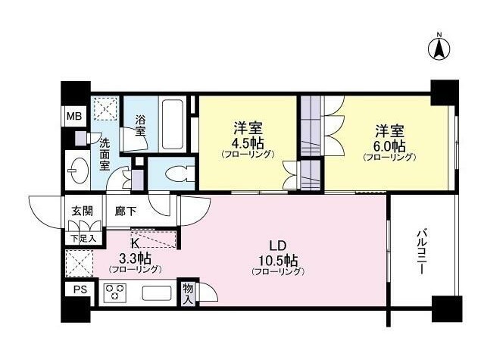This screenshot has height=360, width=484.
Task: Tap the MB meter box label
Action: (74, 117)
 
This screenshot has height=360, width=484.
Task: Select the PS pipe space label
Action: (80, 290)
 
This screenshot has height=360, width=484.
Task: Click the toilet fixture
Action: (180, 174)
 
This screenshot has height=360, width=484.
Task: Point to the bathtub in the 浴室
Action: (173, 124)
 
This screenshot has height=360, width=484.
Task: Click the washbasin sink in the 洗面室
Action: (78, 170)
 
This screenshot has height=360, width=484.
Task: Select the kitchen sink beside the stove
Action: (157, 293)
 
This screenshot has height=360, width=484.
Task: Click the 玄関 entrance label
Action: (83, 211)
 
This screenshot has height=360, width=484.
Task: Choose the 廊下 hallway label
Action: (125, 211)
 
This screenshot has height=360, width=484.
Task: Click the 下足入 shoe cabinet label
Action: (83, 238)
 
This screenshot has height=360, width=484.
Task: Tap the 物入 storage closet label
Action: (188, 294)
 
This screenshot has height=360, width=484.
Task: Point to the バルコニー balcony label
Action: (421, 252)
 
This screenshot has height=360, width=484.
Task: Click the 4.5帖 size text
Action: (248, 143)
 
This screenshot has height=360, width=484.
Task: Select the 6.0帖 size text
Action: (390, 145)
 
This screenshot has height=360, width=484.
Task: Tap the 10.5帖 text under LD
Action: (278, 261)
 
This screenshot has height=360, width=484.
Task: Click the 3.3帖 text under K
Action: (136, 258)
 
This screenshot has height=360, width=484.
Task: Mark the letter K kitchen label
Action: (135, 243)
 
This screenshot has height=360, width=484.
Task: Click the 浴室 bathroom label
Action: (141, 125)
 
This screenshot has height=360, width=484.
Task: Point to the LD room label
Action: (278, 246)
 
